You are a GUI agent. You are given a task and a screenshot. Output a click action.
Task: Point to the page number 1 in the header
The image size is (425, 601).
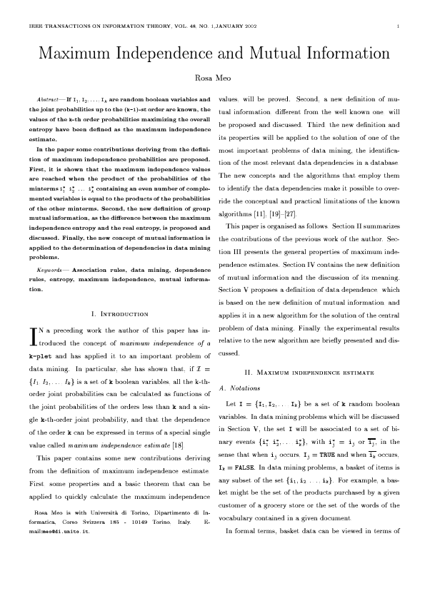[x=396, y=28]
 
